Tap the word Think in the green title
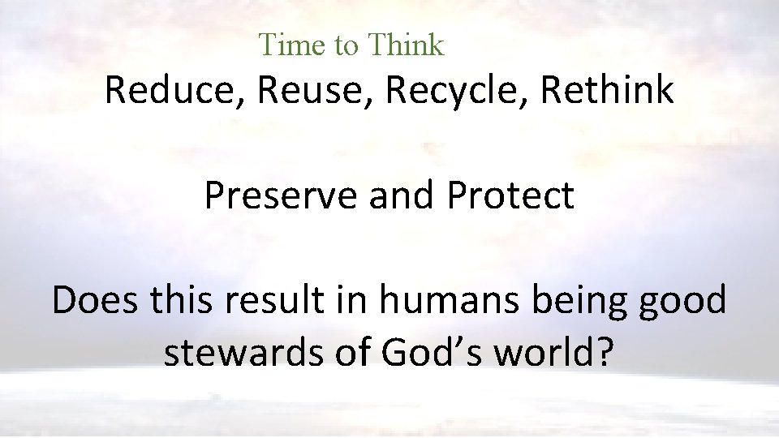click(x=405, y=45)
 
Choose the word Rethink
click(x=606, y=90)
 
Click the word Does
click(x=95, y=300)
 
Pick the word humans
click(x=437, y=302)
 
